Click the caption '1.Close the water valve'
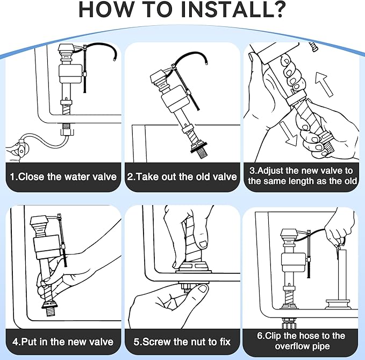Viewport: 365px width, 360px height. tap(64, 177)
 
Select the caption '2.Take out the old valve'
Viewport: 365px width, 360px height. tap(182, 177)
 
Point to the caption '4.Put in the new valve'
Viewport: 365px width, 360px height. tap(63, 341)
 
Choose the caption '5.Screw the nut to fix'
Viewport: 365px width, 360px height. tap(182, 341)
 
